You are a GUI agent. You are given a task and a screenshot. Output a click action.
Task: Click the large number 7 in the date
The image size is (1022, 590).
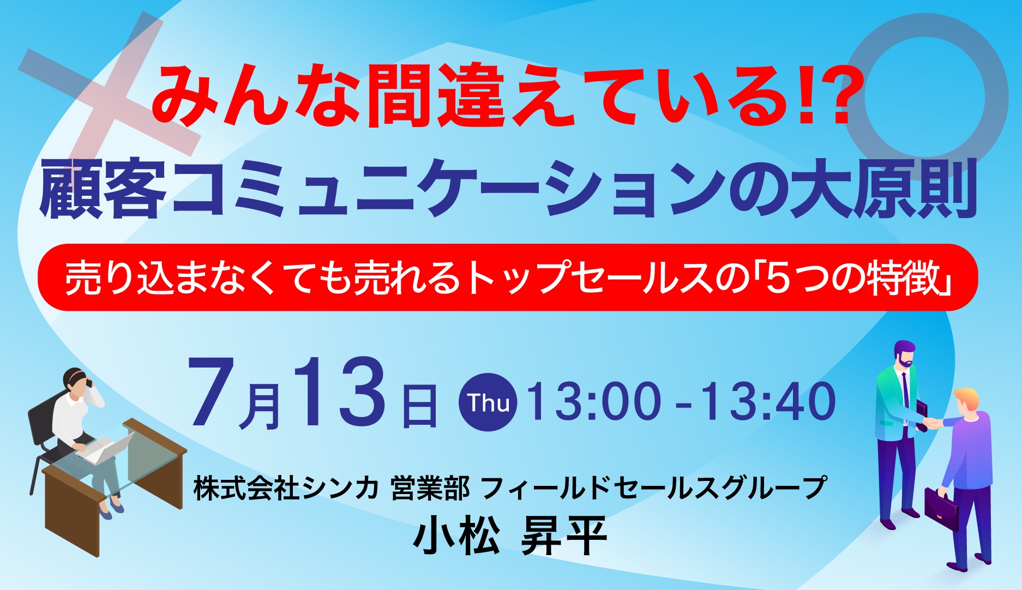(x=213, y=392)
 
